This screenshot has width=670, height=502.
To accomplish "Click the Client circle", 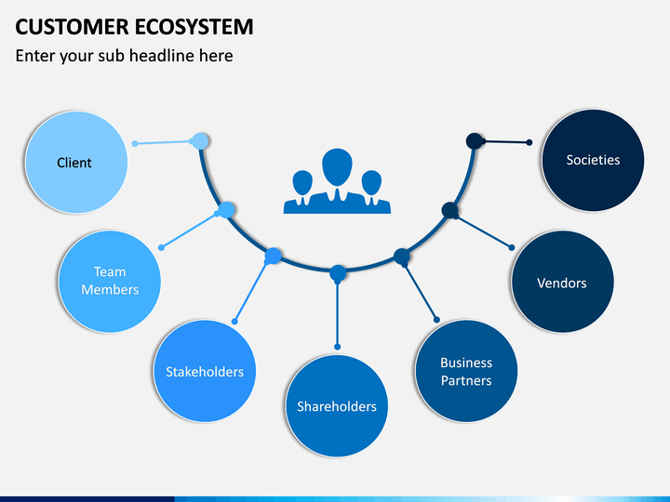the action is point(76,162).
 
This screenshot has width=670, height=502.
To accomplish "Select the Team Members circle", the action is point(110,282).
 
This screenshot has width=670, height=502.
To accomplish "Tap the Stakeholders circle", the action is point(205,371).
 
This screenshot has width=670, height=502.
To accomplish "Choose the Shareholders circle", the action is point(337,405).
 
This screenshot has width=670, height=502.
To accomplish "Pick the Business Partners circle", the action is point(466,371).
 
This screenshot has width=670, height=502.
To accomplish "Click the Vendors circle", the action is point(562,282).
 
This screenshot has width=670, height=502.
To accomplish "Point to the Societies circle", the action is point(593,160).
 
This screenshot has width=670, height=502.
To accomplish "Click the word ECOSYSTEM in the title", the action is point(194,27).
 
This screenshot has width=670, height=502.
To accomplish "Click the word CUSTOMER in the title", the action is point(72,27).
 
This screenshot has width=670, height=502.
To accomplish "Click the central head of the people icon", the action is point(337,167).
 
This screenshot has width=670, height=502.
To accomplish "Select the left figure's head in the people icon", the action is point(302,182).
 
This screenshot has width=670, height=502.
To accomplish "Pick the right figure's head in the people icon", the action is point(371,182).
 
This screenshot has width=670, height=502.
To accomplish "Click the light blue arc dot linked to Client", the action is point(200,141).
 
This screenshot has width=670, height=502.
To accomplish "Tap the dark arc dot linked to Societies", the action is point(475,141).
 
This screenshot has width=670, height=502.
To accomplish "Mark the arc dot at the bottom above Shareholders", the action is point(338,273).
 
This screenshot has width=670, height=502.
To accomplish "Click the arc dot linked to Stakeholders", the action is point(273,256).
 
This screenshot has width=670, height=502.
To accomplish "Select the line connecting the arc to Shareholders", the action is point(338,314).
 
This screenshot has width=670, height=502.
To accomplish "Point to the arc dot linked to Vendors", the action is point(449,210).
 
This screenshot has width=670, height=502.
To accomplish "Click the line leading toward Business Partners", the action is point(421,293).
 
